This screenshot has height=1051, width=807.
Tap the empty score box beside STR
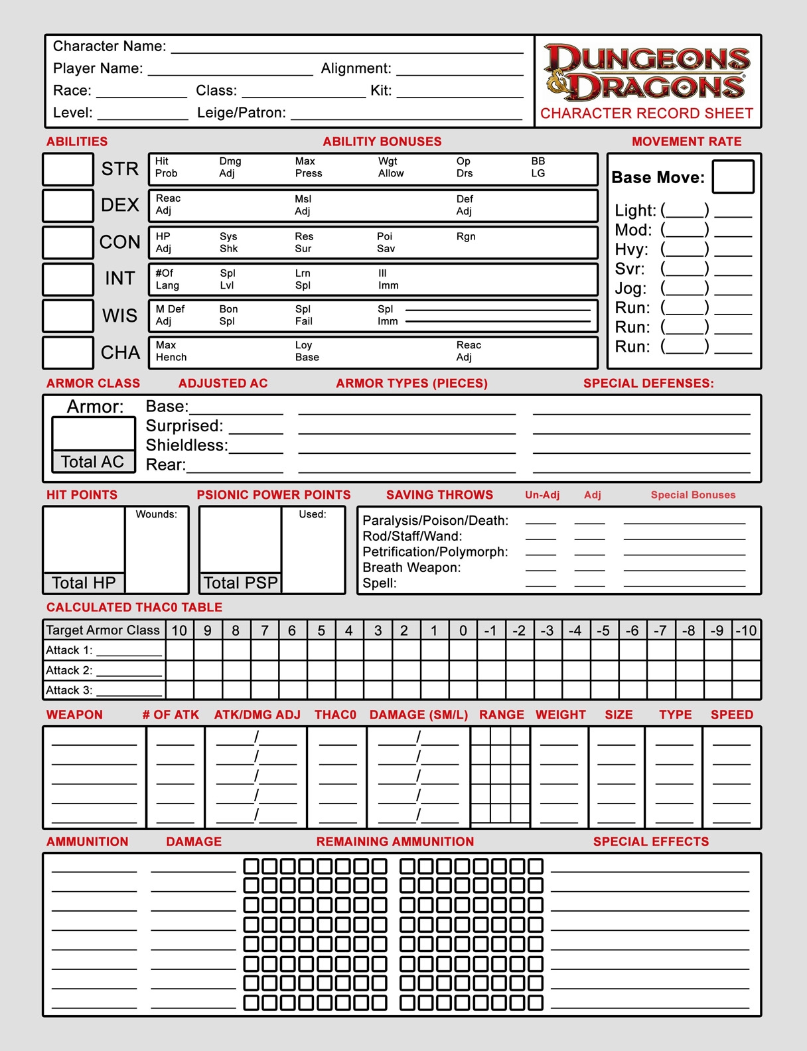click(x=68, y=169)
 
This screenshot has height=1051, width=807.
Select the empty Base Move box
click(x=733, y=176)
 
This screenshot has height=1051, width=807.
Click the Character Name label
click(x=110, y=46)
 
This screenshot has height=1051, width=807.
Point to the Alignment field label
click(x=356, y=68)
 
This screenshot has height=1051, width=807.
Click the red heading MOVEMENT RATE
click(x=686, y=141)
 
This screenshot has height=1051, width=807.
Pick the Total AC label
click(x=93, y=462)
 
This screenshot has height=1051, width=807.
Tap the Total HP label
click(x=84, y=583)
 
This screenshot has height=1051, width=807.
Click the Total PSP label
click(x=240, y=583)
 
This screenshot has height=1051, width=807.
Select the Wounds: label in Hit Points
click(x=156, y=514)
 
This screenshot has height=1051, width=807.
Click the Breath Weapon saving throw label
click(x=411, y=567)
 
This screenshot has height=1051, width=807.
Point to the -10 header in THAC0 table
click(x=746, y=630)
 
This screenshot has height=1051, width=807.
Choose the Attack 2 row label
click(x=69, y=670)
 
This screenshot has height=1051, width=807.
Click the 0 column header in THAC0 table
click(x=463, y=630)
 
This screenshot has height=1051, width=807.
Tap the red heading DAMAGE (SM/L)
click(x=419, y=715)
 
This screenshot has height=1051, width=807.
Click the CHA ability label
click(x=120, y=352)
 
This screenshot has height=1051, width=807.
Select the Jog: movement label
click(x=630, y=289)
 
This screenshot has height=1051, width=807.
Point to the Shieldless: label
click(x=186, y=445)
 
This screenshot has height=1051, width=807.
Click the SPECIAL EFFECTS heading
click(x=650, y=841)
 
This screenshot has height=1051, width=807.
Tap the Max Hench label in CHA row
click(x=171, y=351)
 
